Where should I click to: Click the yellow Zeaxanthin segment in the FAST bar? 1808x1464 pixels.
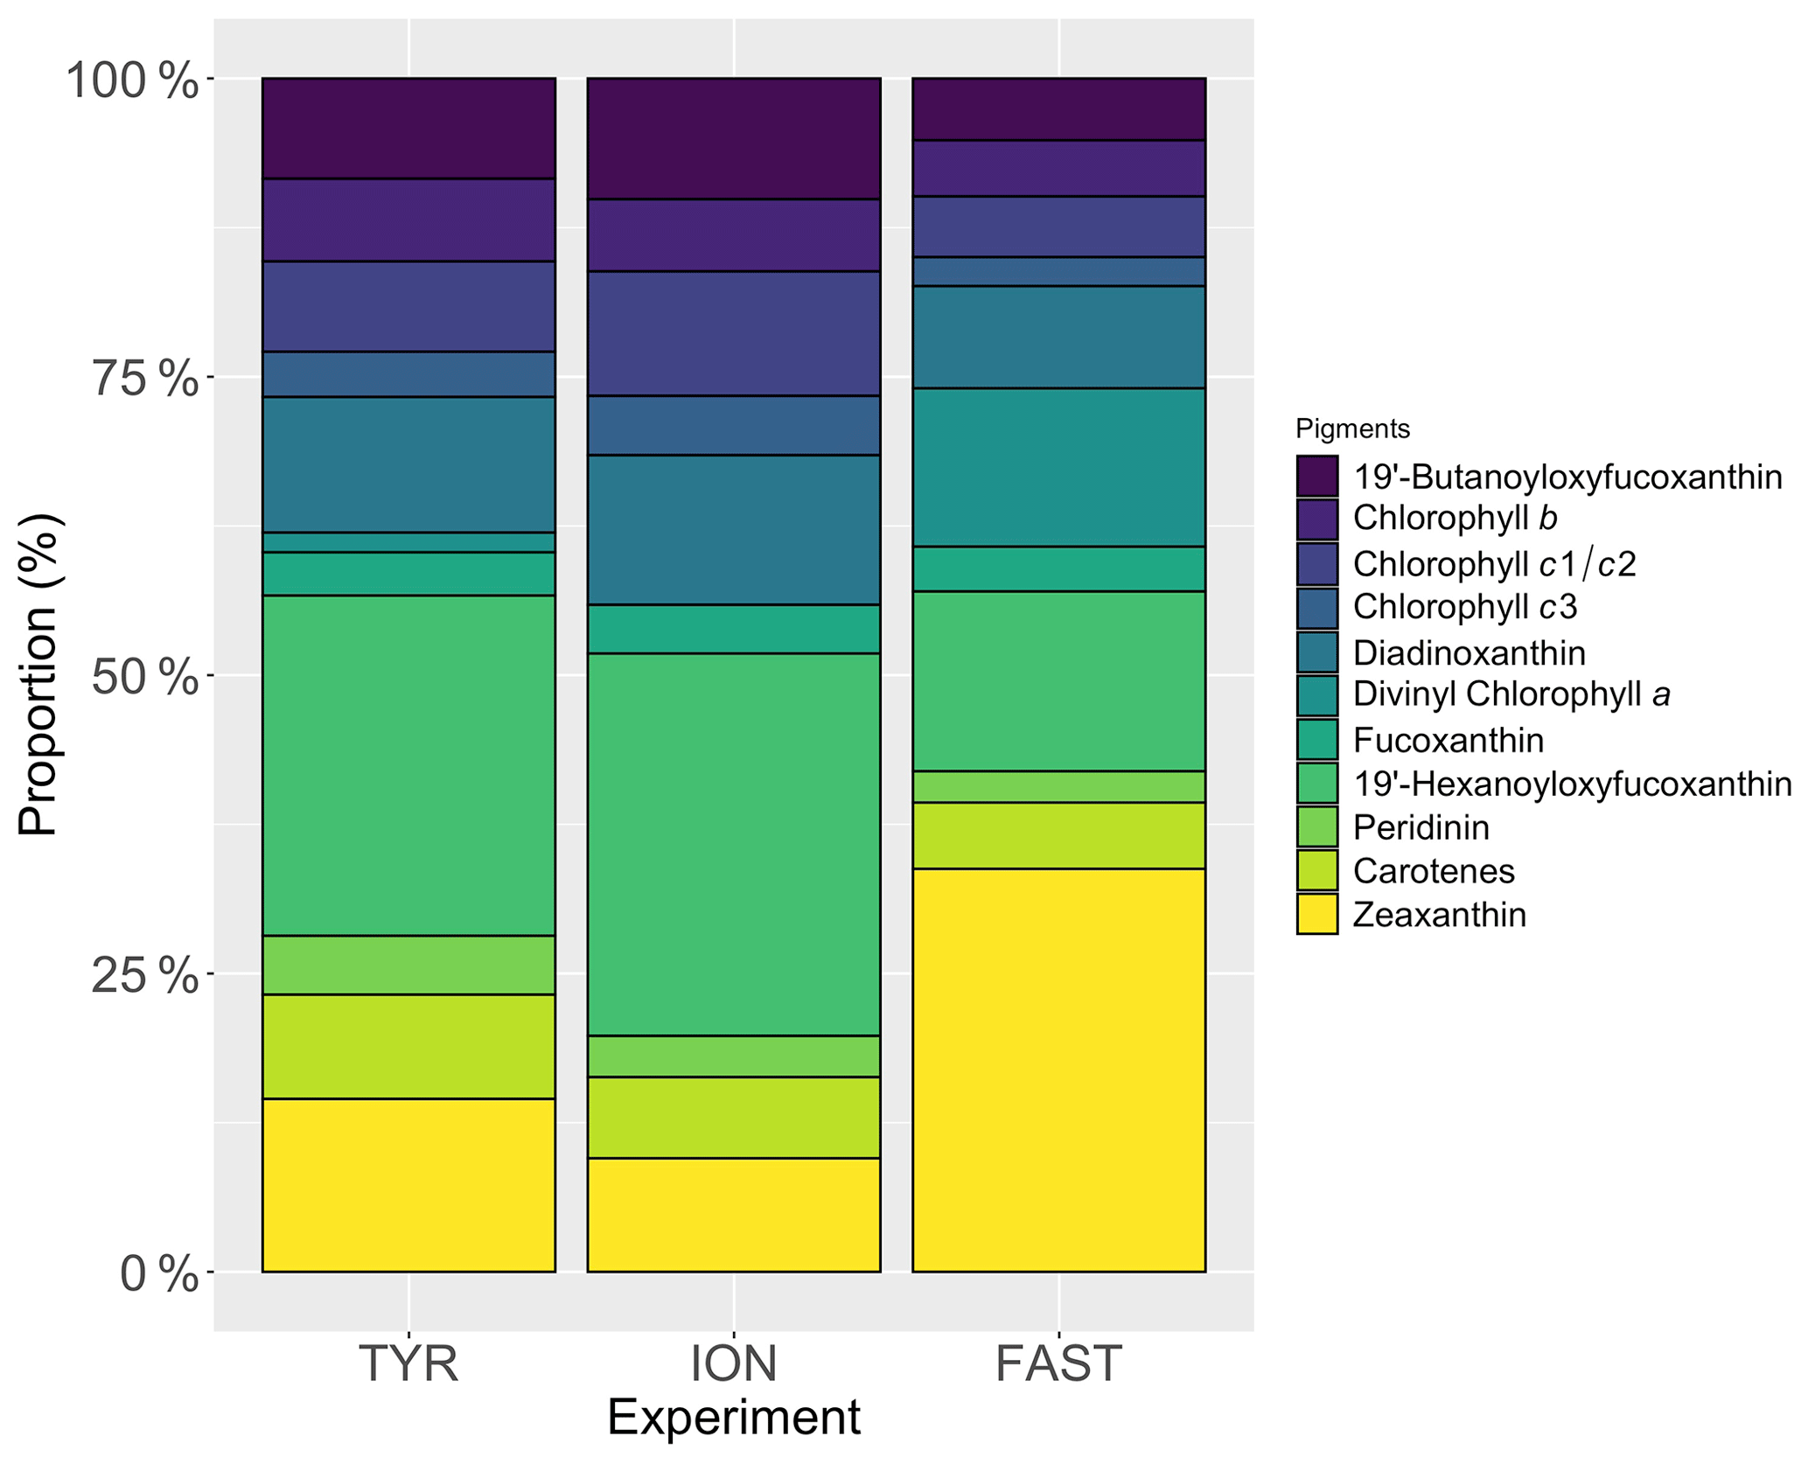1058,1070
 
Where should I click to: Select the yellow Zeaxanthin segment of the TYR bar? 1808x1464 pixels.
408,1184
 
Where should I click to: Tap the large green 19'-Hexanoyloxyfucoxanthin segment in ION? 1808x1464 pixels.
733,844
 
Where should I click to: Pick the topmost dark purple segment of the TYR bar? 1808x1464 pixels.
408,128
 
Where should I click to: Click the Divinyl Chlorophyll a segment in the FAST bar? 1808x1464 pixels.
1058,467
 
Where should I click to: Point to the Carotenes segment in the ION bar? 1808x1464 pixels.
733,1117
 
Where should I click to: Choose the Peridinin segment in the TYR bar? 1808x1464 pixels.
408,965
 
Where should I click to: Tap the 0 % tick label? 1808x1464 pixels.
157,1274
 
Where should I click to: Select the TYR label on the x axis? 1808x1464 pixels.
408,1363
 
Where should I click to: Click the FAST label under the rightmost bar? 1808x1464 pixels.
1058,1363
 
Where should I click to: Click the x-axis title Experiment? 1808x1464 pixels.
733,1418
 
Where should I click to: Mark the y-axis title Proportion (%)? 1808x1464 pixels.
38,674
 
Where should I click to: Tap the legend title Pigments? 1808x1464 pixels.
1352,429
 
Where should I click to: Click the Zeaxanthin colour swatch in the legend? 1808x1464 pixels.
1316,914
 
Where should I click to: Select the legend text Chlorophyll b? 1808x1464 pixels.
1455,518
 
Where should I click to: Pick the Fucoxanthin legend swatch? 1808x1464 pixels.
1316,739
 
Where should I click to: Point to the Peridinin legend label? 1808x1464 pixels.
1421,827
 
